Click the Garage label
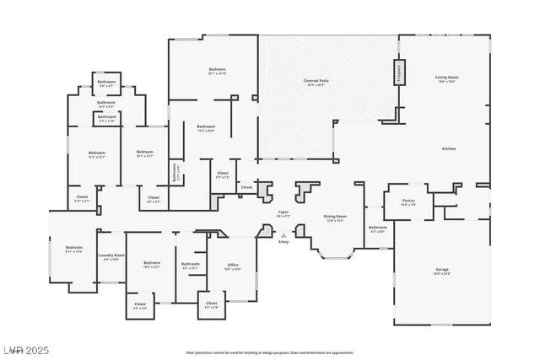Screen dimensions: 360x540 (x=442, y=269)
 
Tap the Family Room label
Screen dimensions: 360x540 (x=446, y=77)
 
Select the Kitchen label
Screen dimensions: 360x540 (x=449, y=148)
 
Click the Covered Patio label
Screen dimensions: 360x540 (x=316, y=80)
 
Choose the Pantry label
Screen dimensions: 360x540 (x=408, y=201)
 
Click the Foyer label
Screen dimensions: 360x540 (x=284, y=212)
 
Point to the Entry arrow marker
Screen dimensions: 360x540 (x=283, y=235)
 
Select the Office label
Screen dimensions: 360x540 (x=233, y=265)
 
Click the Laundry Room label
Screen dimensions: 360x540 (x=111, y=255)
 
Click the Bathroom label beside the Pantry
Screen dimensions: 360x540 (x=377, y=228)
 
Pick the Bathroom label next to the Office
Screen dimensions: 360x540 (x=190, y=265)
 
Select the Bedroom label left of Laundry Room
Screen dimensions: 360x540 (x=74, y=248)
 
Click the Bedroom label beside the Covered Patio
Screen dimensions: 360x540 (x=218, y=68)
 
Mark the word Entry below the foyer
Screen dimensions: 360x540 (x=283, y=243)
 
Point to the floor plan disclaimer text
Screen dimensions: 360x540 (x=269, y=352)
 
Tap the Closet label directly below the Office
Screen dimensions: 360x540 (x=211, y=303)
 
